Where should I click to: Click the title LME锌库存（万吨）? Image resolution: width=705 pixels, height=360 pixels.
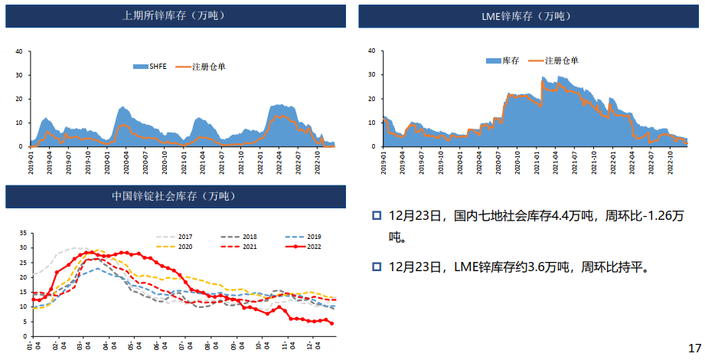tap(526, 15)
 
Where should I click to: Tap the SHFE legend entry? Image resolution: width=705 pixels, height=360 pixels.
tap(156, 67)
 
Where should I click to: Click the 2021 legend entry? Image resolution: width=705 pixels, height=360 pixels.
tap(249, 247)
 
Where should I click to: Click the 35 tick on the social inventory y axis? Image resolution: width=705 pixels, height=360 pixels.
tap(23, 232)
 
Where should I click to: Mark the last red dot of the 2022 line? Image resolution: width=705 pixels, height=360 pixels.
tap(331, 323)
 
